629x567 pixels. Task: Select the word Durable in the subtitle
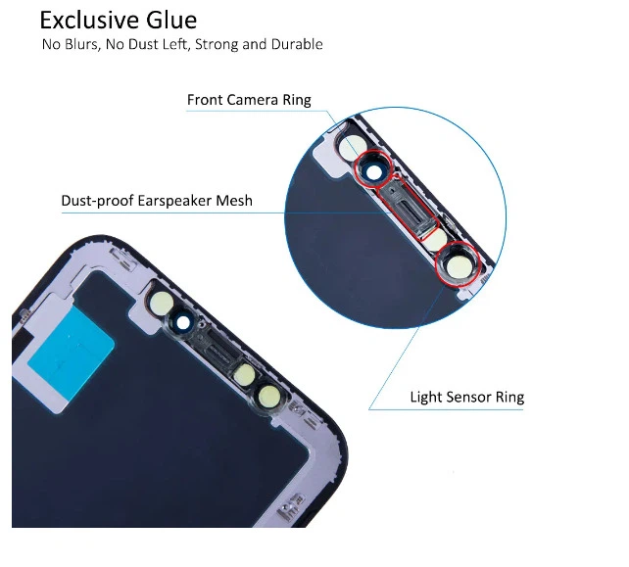click(297, 45)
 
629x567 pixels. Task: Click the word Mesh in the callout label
click(235, 201)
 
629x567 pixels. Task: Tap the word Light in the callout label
click(425, 398)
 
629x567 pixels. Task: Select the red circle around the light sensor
click(458, 263)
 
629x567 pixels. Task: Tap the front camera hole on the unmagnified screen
click(183, 322)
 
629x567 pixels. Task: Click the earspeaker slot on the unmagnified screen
click(217, 349)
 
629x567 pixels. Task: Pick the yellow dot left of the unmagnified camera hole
click(163, 301)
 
